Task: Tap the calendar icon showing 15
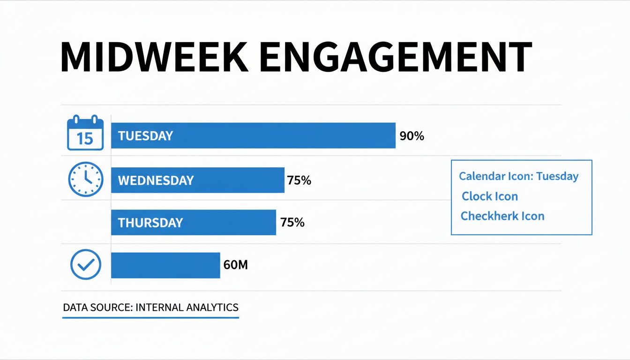(85, 133)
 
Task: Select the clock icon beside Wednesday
(85, 180)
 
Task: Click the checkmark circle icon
(85, 265)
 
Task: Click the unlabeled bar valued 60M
(165, 265)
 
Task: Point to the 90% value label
(412, 136)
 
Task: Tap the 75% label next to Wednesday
(299, 180)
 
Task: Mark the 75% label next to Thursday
(292, 223)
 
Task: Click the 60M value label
(235, 265)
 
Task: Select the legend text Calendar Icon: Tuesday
(518, 177)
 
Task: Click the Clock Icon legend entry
(490, 196)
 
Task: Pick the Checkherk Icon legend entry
(502, 216)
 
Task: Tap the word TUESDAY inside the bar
(145, 136)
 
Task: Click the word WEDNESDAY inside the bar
(156, 180)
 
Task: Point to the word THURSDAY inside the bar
(150, 223)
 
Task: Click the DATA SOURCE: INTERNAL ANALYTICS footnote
(150, 308)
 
